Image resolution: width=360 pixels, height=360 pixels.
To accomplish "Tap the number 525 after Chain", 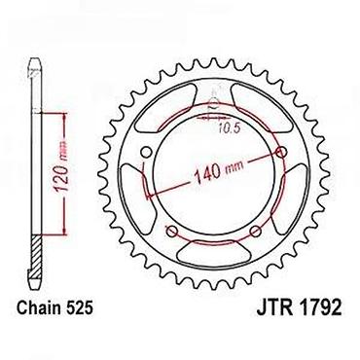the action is (x=81, y=306).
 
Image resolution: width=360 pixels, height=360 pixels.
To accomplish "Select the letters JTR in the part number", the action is (x=274, y=307).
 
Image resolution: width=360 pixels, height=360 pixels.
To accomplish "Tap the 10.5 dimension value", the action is (x=229, y=129).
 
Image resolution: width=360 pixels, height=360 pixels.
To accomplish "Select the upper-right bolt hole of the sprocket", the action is (x=281, y=152).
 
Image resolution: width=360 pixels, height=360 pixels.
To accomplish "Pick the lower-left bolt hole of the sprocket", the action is (x=172, y=231).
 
